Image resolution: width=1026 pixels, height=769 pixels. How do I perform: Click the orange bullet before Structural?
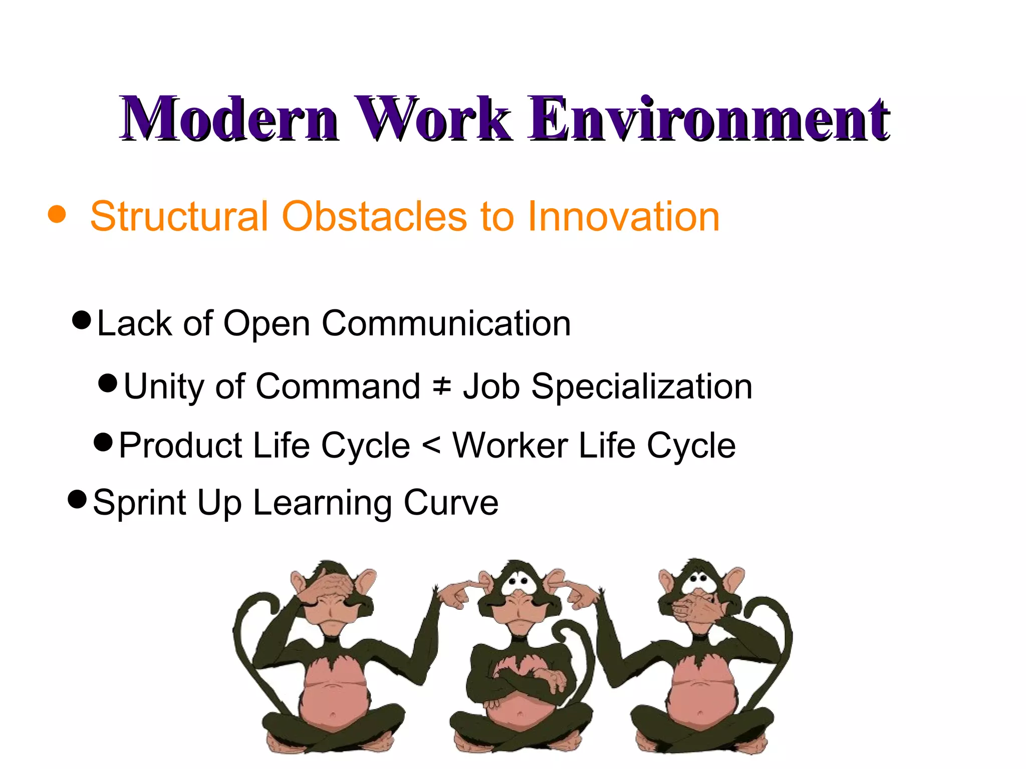57,214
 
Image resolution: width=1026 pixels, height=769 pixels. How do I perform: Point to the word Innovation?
623,216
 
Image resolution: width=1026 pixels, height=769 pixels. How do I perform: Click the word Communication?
446,323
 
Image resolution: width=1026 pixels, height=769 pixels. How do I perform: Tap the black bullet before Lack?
82,319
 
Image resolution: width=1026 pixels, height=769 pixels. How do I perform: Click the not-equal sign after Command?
441,387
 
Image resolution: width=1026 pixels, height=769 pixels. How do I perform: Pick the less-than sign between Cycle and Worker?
431,445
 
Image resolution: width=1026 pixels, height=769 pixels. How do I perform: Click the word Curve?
451,502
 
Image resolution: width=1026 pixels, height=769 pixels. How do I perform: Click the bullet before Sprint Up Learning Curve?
78,499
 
